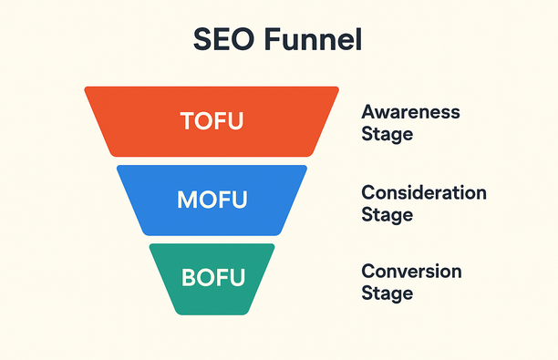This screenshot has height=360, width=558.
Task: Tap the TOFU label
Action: [212, 121]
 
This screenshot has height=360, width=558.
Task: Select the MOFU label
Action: [212, 199]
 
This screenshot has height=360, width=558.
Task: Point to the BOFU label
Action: [212, 277]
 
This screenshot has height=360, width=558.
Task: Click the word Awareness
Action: [410, 113]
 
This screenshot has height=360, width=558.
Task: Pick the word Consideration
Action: [424, 193]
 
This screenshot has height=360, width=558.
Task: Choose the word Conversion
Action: [411, 272]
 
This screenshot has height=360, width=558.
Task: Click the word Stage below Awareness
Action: [387, 135]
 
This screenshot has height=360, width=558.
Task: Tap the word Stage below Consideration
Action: [387, 215]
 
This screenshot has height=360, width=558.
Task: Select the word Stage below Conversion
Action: [387, 293]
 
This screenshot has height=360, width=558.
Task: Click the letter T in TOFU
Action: [188, 121]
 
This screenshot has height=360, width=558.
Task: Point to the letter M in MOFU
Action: [186, 199]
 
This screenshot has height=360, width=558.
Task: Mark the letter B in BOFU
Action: [187, 277]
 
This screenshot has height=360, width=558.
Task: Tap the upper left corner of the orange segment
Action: [87, 89]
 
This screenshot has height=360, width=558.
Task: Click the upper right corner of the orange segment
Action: [337, 89]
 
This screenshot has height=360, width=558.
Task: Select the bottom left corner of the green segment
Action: [177, 312]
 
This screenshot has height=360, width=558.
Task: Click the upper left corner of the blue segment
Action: [119, 167]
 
